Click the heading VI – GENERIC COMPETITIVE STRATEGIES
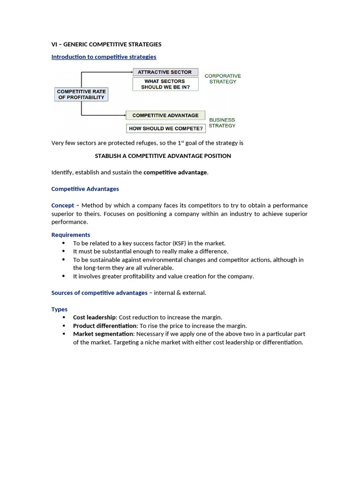point(106,45)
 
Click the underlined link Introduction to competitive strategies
point(104,57)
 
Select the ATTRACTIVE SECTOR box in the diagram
point(165,72)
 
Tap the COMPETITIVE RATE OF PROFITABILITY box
point(82,94)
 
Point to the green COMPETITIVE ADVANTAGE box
point(165,115)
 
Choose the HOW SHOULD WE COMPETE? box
point(166,128)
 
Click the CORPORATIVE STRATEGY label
point(223,79)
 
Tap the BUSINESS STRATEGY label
point(222,123)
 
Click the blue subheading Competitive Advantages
point(85,189)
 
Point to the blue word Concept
point(62,205)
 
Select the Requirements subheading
point(70,235)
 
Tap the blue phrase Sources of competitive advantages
point(99,293)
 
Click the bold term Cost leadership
point(94,317)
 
